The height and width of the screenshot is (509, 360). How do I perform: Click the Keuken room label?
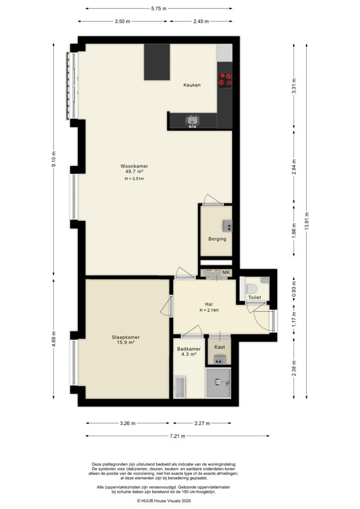point(192,85)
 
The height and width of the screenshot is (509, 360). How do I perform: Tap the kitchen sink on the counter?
point(191,120)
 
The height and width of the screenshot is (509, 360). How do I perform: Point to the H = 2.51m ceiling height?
point(134,179)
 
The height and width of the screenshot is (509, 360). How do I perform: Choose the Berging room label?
point(217,239)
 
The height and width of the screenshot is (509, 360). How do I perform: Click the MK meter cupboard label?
point(227,273)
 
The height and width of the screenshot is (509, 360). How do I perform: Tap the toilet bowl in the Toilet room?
point(251,288)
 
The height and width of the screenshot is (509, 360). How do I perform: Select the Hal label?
point(209,304)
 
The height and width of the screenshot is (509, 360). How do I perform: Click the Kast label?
point(219,346)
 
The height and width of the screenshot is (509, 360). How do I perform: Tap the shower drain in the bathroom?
point(219,382)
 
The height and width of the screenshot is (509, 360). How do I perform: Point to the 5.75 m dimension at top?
point(159,8)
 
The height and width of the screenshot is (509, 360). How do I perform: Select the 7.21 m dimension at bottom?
point(177,436)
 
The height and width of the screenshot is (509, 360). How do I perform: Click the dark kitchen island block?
point(157,62)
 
